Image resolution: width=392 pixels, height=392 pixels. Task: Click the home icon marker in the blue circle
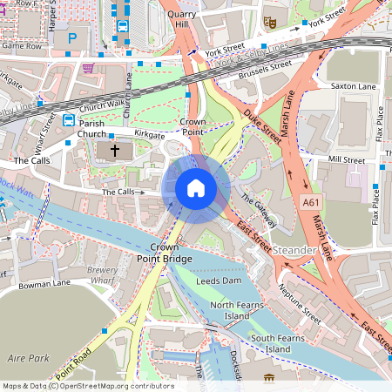coord(196,187)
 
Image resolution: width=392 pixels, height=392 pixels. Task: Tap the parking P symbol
coord(72,39)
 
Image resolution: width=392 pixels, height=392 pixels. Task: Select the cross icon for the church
coord(114,151)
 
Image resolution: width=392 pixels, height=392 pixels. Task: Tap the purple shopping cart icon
coord(87,67)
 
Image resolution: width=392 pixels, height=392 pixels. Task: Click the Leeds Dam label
coord(219,283)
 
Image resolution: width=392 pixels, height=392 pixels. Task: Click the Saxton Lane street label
coord(352,87)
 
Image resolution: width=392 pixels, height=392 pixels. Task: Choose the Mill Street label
coord(348,160)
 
